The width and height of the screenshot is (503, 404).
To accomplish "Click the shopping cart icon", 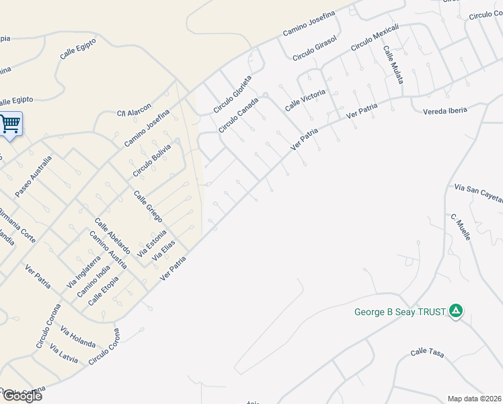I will (10, 123).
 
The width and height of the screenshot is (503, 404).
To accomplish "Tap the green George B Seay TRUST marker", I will (456, 311).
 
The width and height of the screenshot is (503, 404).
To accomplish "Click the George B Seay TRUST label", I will (401, 312).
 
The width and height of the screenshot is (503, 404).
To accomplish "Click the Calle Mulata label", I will (393, 65).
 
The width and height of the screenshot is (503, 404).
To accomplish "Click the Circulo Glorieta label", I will (233, 94).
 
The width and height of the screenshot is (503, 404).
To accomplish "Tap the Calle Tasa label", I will (428, 351).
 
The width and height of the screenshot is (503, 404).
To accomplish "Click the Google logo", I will (22, 396).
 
